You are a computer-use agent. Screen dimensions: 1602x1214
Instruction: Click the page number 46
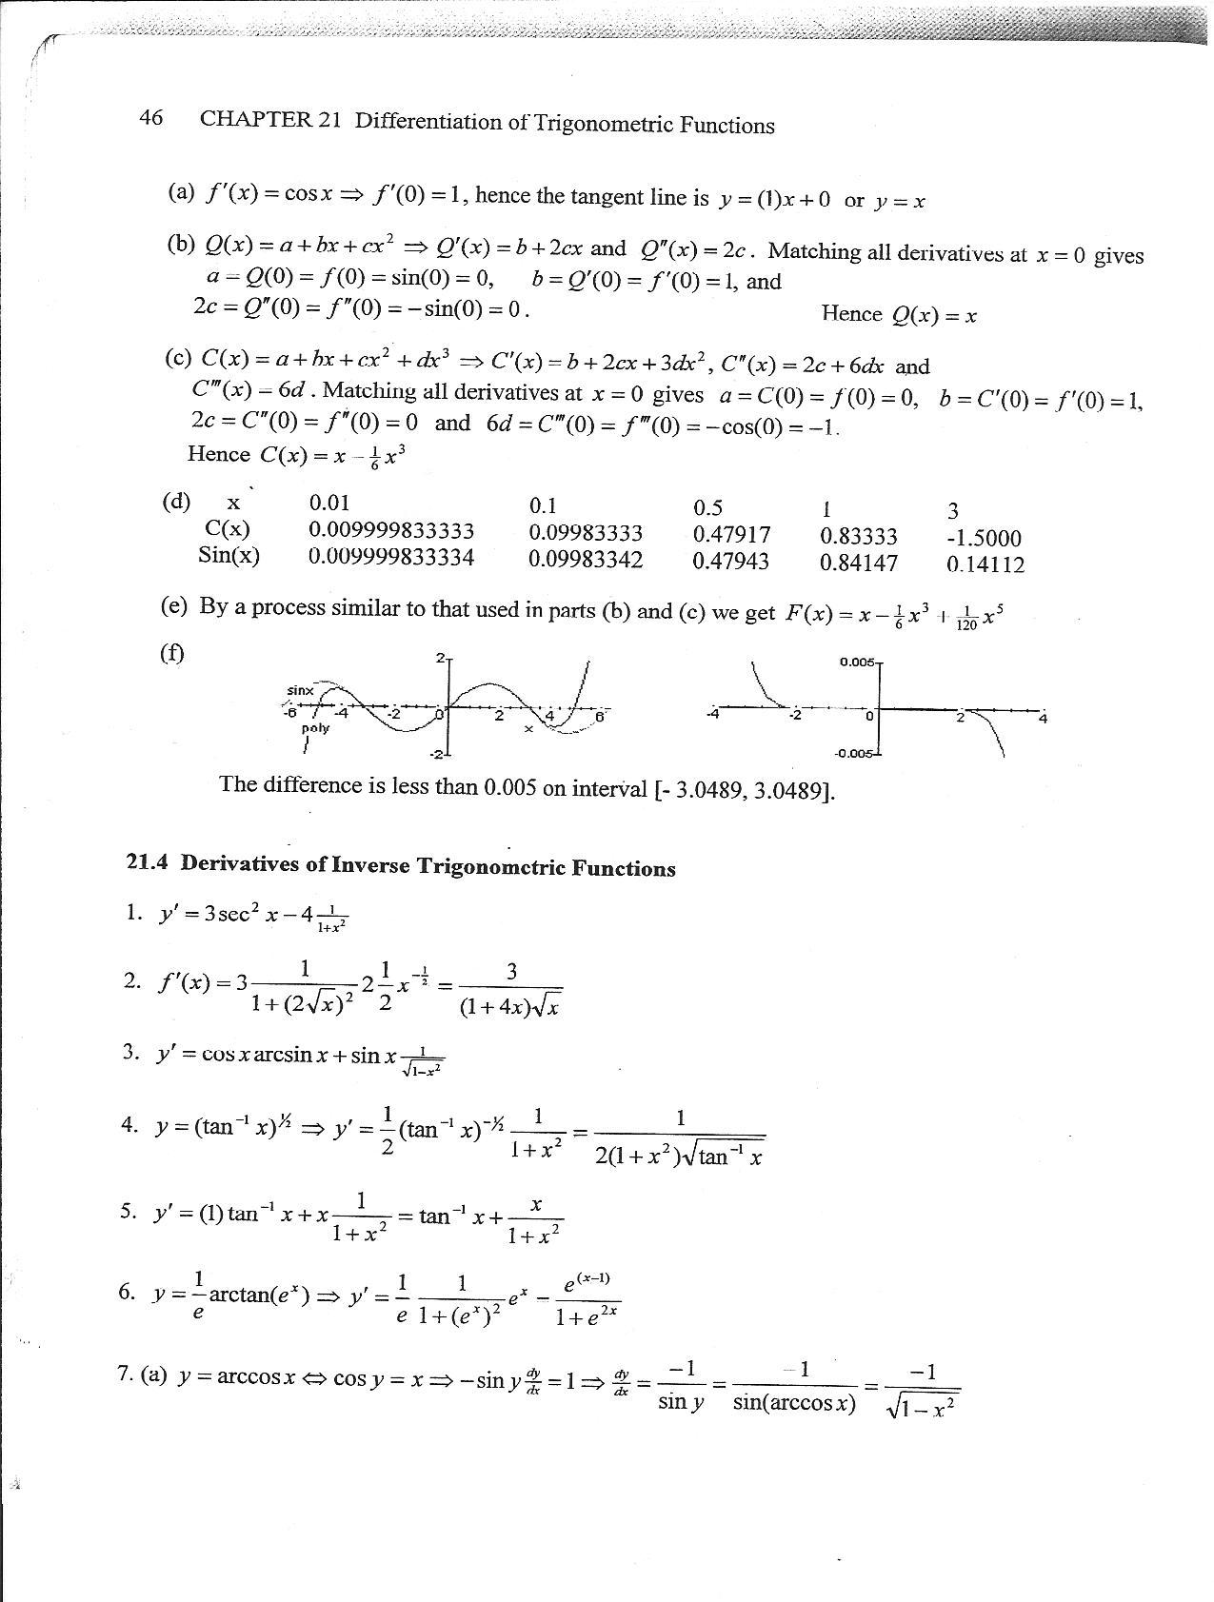coord(150,117)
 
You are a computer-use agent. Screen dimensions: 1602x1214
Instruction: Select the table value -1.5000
coord(984,539)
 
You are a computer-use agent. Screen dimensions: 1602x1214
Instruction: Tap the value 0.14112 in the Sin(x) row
coord(985,564)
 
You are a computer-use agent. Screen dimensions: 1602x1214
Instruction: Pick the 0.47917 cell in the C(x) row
coord(731,535)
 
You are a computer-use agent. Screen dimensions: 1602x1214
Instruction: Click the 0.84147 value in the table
coord(858,563)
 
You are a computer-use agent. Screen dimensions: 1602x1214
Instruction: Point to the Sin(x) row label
coord(229,555)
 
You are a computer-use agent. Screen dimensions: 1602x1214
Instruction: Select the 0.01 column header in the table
coord(329,503)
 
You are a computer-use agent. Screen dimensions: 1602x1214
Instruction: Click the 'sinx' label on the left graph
coord(300,689)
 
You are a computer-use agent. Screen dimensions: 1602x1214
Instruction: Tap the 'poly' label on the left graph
coord(315,727)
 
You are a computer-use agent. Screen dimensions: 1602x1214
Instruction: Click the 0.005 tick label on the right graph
coord(856,662)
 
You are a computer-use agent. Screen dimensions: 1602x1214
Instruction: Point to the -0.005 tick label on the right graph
coord(853,754)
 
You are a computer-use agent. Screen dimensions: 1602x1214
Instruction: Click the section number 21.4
coord(147,861)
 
